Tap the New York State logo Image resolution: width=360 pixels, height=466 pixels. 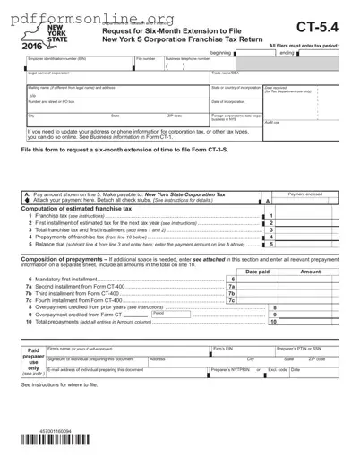(x=33, y=36)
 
